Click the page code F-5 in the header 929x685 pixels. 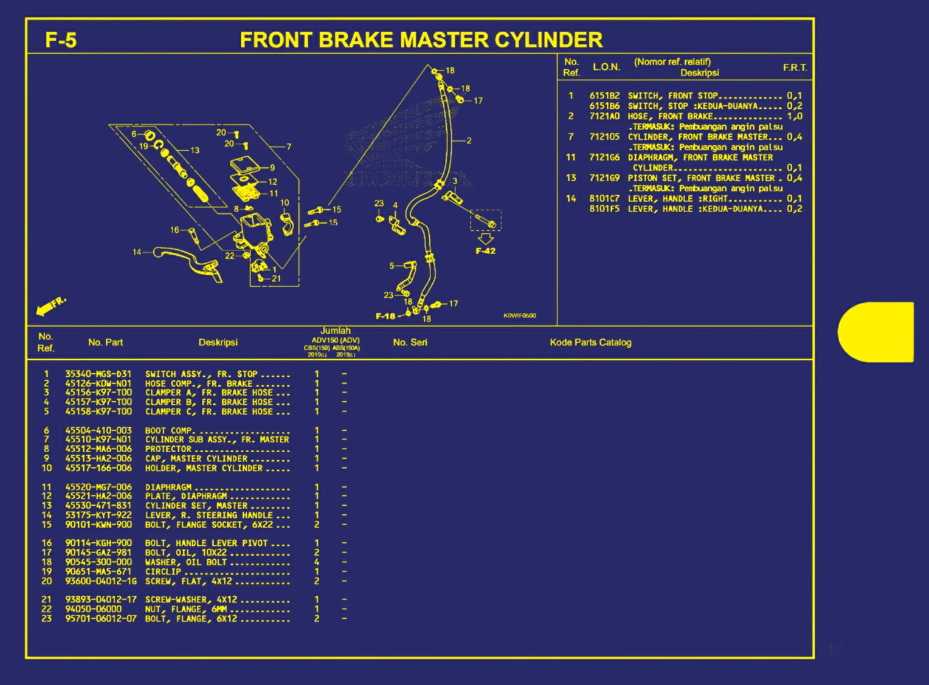(x=61, y=40)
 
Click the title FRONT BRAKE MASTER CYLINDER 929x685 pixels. (x=421, y=40)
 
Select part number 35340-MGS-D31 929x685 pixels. (x=98, y=374)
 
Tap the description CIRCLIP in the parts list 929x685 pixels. (x=163, y=572)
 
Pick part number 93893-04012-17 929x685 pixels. (x=101, y=600)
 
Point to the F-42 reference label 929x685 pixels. (x=485, y=251)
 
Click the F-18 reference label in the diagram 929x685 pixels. (x=385, y=316)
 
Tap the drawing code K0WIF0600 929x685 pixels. (x=519, y=315)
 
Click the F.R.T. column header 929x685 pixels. (x=795, y=67)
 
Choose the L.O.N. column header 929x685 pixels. (x=606, y=67)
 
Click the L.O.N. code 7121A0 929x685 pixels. (x=604, y=116)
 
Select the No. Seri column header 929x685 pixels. (x=410, y=342)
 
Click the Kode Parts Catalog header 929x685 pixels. (x=590, y=342)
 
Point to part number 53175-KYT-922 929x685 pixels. (x=98, y=515)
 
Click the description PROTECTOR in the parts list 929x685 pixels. (x=168, y=449)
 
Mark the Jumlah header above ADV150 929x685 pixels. (x=335, y=331)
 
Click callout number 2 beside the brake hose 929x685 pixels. (x=469, y=140)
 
